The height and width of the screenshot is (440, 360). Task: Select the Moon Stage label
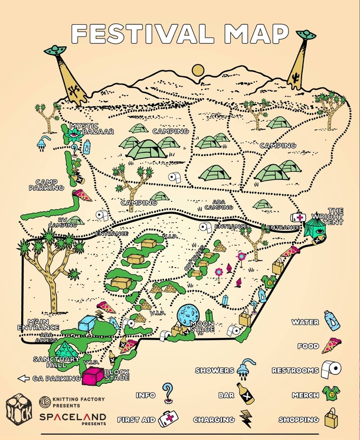tap(202, 326)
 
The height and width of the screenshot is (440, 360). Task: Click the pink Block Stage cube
tap(93, 375)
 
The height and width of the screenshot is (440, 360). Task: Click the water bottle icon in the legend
tap(332, 321)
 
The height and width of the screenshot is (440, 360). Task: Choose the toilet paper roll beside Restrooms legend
tap(332, 370)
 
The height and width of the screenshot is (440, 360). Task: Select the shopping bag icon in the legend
tap(330, 419)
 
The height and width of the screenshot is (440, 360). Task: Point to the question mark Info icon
tap(169, 392)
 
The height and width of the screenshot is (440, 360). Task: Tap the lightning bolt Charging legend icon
tap(244, 418)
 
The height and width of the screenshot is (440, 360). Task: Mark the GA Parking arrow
tap(24, 378)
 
